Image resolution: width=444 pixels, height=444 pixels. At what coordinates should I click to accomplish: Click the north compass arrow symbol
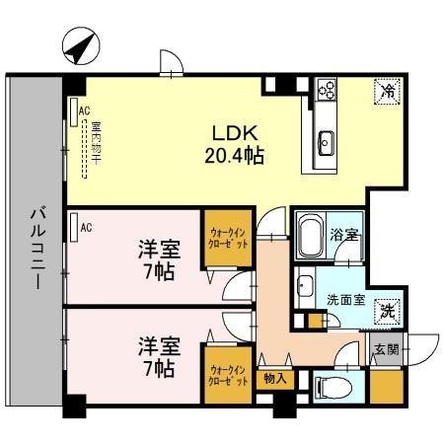(x=80, y=45)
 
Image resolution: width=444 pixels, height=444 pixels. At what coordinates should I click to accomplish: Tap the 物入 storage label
(x=274, y=377)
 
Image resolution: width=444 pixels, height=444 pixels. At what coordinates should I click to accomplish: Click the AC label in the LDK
(x=84, y=111)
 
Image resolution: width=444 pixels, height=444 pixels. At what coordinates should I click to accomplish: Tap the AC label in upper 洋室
(x=86, y=228)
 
